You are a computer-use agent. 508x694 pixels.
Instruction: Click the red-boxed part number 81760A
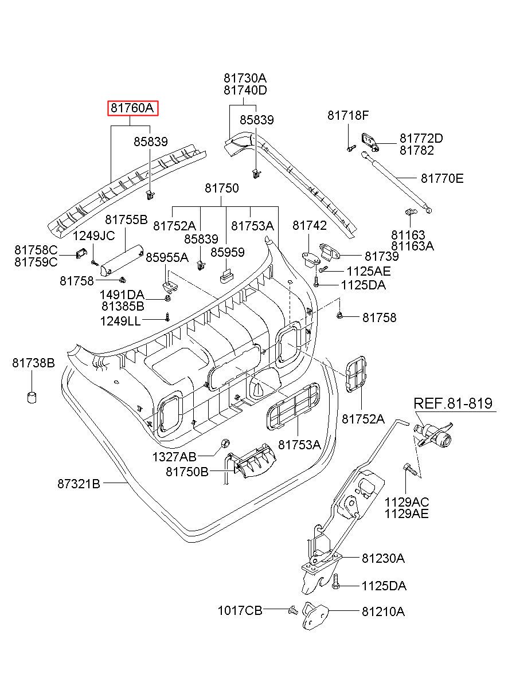[x=132, y=108]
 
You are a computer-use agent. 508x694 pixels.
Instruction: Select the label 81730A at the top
[x=245, y=78]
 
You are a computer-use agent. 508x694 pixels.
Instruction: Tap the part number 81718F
[x=348, y=115]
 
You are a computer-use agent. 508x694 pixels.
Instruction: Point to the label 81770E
[x=442, y=178]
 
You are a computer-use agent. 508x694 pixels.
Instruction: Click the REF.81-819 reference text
[x=453, y=403]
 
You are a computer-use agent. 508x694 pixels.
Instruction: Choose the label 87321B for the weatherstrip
[x=79, y=484]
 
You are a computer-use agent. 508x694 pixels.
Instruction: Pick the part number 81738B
[x=34, y=363]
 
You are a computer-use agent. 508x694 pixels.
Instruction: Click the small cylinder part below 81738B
[x=33, y=397]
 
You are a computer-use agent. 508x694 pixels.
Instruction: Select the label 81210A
[x=383, y=611]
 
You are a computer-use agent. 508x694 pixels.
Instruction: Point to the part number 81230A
[x=383, y=558]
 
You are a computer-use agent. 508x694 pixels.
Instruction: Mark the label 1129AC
[x=407, y=502]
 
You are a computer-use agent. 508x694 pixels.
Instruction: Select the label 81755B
[x=126, y=219]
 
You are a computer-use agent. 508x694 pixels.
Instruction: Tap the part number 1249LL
[x=120, y=321]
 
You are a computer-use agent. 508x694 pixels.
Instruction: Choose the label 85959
[x=227, y=252]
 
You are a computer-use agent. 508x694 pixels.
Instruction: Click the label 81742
[x=310, y=226]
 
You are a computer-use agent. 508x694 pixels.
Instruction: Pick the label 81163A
[x=413, y=246]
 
